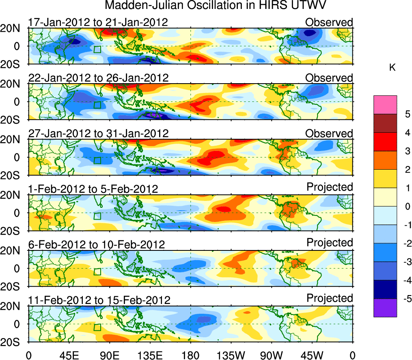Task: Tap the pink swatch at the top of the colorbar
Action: pos(385,105)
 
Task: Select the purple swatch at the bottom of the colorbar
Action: pos(385,308)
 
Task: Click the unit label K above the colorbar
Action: pos(392,68)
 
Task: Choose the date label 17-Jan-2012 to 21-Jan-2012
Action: pos(98,22)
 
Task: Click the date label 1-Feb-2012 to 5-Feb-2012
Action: pos(93,189)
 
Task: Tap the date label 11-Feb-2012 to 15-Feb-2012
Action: pos(99,300)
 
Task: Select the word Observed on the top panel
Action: pos(329,22)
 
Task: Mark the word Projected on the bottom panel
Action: pos(330,298)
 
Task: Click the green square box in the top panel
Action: pos(97,50)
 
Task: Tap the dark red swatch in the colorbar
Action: pos(385,123)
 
